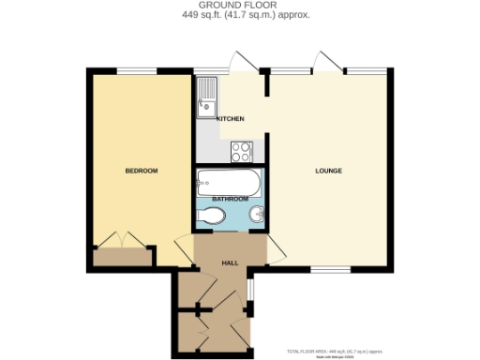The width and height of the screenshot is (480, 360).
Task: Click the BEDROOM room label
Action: coord(142,171)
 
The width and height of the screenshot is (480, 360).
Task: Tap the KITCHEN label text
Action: coord(231,119)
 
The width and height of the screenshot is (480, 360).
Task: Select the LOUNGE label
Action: coord(327,171)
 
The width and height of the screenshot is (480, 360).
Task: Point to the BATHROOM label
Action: coord(230,200)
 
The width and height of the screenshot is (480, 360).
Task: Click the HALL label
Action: coord(229,262)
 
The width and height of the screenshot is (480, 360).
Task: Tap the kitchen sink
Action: coord(206,97)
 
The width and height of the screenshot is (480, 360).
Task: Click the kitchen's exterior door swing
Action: coord(241,62)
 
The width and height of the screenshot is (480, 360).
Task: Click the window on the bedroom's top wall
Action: coord(136,70)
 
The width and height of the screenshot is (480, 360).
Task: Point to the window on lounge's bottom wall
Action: coord(324,270)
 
